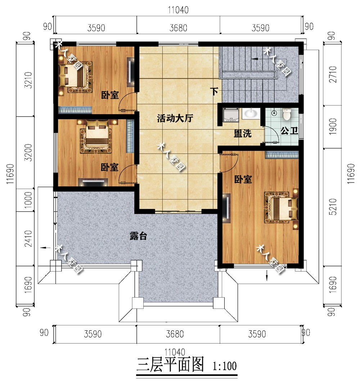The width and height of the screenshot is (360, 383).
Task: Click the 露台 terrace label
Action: click(138, 236)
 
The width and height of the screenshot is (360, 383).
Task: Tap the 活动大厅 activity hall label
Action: click(175, 118)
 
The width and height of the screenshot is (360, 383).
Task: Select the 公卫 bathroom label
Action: click(289, 131)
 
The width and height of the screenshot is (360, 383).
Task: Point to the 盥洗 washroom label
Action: click(243, 133)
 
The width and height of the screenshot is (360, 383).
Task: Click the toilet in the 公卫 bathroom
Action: click(286, 114)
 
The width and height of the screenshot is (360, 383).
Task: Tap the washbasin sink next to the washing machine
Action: click(250, 114)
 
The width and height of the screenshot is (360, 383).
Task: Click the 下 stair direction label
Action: click(214, 91)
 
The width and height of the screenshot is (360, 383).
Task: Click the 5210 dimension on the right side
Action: click(333, 207)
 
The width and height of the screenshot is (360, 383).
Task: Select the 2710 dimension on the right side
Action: click(333, 74)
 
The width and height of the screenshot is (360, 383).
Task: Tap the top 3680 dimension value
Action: click(178, 28)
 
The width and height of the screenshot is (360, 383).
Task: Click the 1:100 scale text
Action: click(225, 366)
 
